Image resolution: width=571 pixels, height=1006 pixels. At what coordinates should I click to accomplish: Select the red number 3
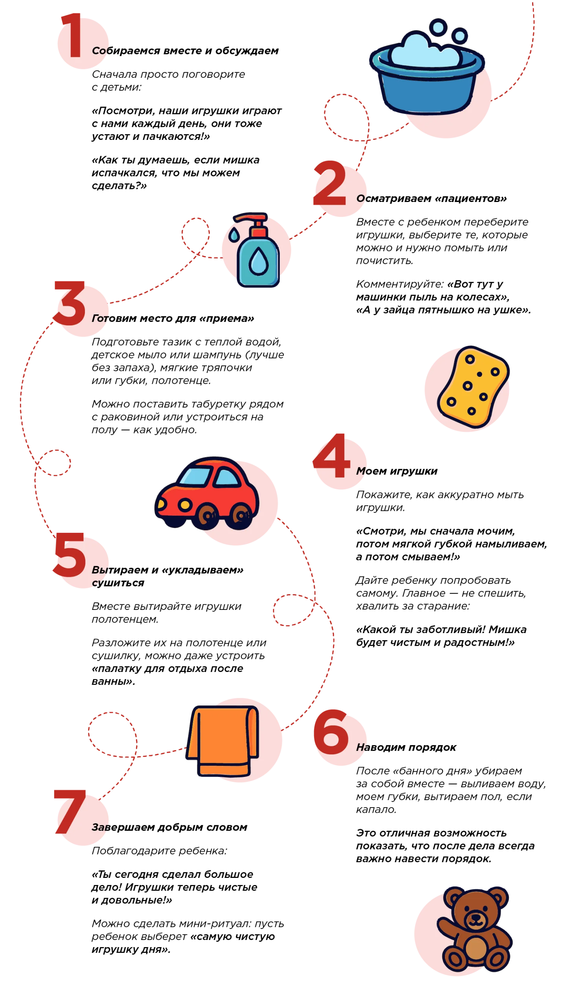[x=70, y=303]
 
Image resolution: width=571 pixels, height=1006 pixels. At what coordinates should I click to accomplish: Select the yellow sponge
[x=472, y=387]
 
